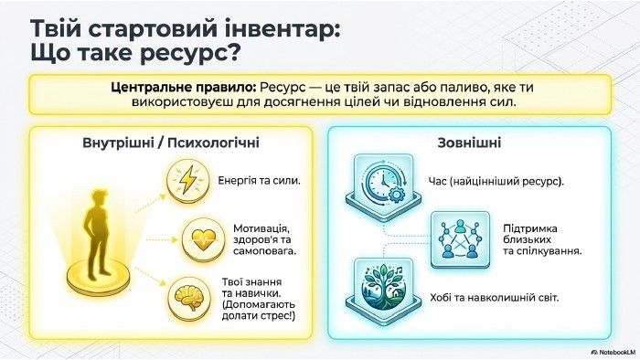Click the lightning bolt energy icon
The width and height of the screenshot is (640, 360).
[187, 181]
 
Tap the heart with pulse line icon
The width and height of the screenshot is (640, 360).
[203, 240]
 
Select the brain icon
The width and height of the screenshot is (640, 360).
[188, 299]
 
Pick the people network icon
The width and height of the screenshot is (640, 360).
[460, 239]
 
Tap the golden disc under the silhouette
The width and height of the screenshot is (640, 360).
[98, 277]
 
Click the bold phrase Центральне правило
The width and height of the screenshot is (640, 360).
[183, 88]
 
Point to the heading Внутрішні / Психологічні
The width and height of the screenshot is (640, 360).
[171, 143]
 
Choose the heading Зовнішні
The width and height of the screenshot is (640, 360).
[469, 143]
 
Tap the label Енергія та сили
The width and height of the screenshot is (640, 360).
[259, 181]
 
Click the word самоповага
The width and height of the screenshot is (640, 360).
[264, 251]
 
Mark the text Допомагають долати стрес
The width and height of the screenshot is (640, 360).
[258, 311]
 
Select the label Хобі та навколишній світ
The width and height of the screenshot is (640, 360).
[494, 298]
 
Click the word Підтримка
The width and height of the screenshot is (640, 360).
[529, 228]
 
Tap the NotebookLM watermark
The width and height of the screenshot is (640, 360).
[613, 352]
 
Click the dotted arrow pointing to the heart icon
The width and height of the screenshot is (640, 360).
[162, 240]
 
